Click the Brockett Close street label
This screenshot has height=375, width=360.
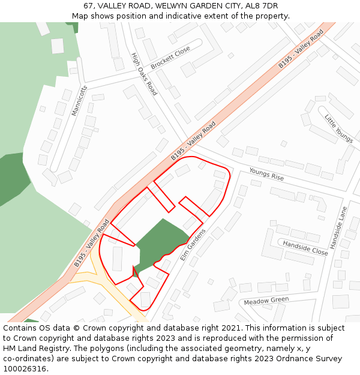(170, 57)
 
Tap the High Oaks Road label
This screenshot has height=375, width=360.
(144, 74)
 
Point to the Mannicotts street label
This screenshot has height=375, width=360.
(79, 100)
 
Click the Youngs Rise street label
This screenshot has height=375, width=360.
(266, 175)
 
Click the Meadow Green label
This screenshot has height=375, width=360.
(266, 301)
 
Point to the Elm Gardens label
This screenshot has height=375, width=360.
(193, 244)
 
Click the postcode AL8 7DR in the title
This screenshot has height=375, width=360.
(262, 5)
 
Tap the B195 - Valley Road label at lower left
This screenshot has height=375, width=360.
(91, 243)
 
